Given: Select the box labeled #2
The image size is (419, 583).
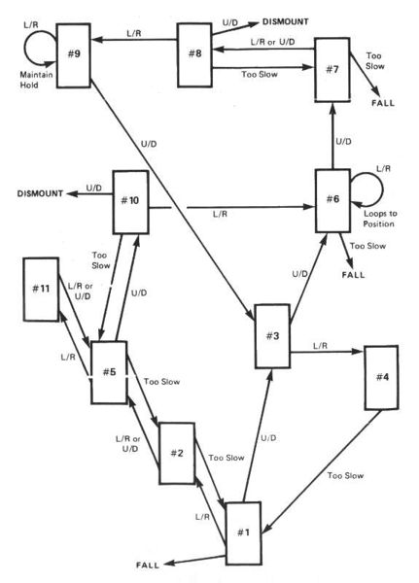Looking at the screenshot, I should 177,453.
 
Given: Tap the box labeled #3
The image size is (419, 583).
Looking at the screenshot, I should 273,335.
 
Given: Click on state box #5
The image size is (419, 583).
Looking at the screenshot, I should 110,372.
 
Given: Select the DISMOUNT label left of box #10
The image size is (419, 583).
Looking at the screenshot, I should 40,195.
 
